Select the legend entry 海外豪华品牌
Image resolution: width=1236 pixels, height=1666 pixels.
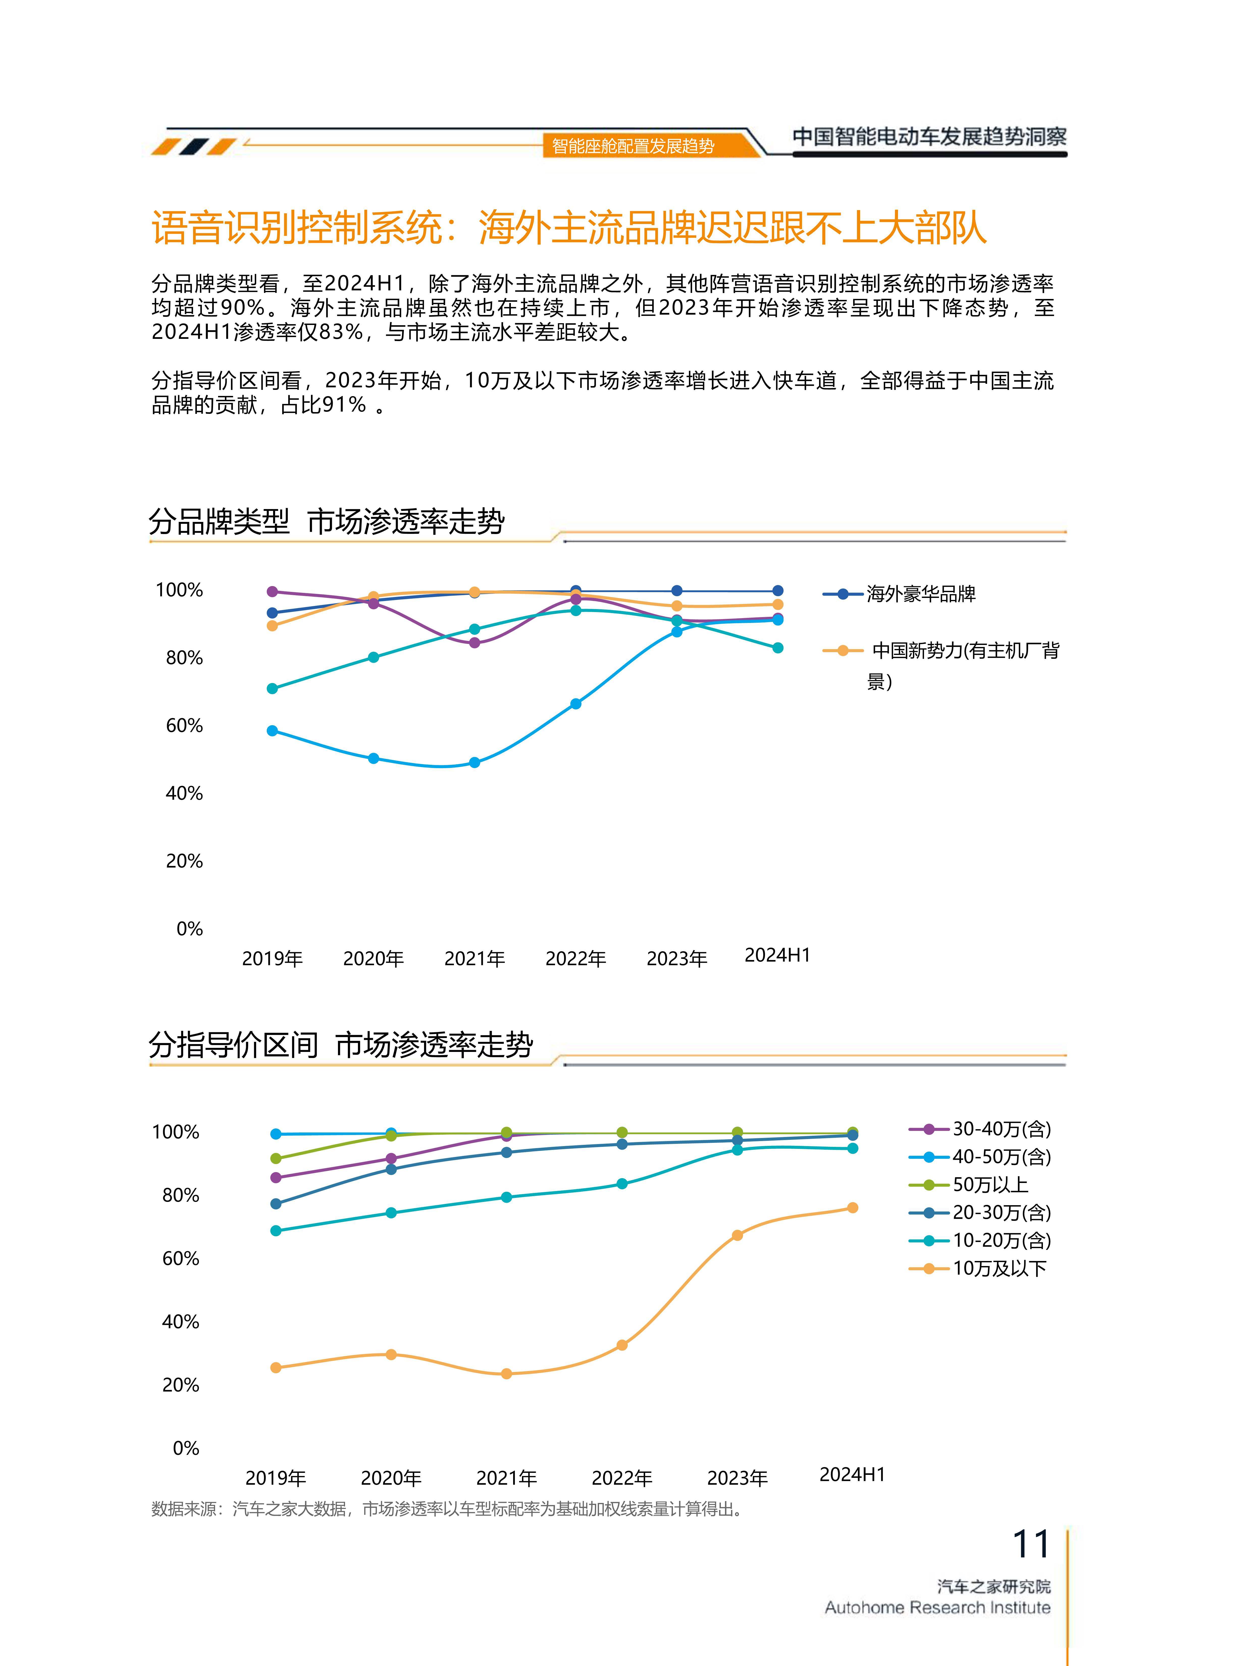click(920, 594)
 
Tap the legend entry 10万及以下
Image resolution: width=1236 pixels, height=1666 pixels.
click(999, 1269)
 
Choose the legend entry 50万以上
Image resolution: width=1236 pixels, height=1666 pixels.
click(990, 1185)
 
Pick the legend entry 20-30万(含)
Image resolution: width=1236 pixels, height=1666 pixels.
click(1001, 1213)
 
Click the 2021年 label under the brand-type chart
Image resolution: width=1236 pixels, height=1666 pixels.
click(474, 959)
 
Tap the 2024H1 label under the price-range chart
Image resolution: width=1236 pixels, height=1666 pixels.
click(852, 1474)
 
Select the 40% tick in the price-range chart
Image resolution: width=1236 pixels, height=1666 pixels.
click(180, 1322)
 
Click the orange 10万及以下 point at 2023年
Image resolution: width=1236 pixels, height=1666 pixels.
click(737, 1235)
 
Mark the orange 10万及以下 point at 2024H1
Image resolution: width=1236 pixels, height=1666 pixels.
click(852, 1208)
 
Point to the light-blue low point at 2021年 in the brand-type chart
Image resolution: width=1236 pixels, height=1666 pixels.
click(474, 763)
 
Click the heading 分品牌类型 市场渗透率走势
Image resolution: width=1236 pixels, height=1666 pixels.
click(326, 522)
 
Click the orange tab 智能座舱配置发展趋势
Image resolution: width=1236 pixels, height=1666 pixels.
click(633, 146)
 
